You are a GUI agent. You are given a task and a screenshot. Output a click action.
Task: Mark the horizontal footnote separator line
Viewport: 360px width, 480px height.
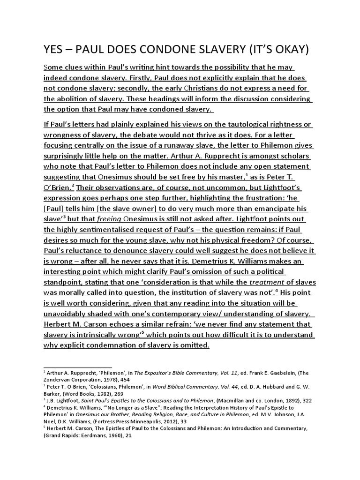[x=78, y=367]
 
